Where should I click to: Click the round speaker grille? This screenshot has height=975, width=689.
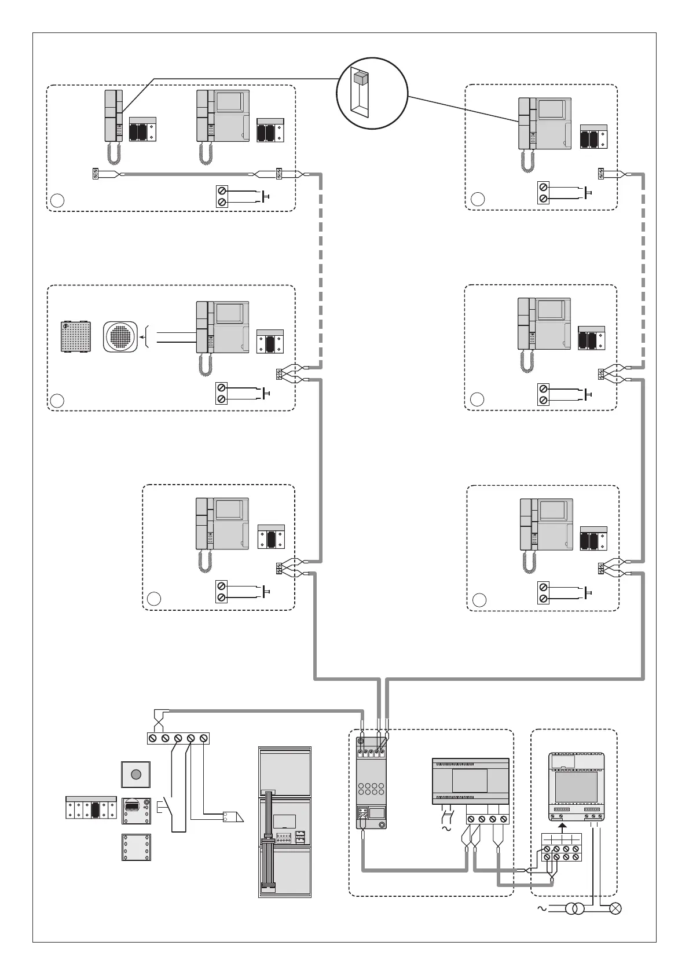point(121,337)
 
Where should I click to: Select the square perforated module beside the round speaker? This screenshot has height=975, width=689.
point(76,336)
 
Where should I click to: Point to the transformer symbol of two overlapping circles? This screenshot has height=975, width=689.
point(574,908)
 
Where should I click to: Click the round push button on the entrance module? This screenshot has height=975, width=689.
point(136,774)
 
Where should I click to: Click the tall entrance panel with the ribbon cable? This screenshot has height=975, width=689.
point(284,822)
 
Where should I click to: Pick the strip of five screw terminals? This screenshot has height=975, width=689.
point(178,738)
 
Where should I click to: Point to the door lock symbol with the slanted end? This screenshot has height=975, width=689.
point(233,817)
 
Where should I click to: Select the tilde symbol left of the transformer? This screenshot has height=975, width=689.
point(543,908)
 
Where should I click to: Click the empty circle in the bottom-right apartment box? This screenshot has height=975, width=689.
point(479,600)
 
